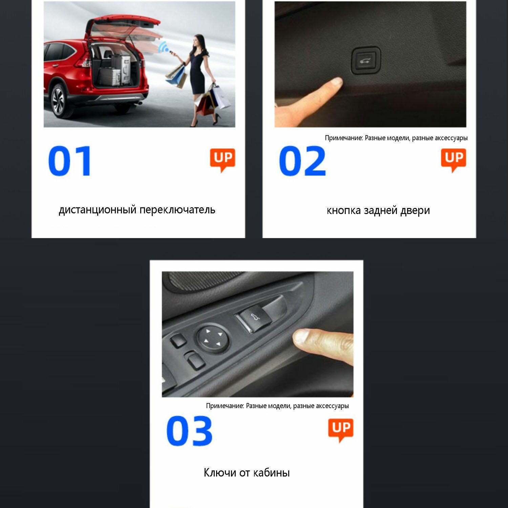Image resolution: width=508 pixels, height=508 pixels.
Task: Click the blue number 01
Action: [70, 161]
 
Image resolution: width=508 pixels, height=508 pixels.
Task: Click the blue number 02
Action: [302, 161]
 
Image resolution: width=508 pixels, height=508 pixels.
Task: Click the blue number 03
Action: [189, 431]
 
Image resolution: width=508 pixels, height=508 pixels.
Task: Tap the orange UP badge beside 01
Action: [223, 160]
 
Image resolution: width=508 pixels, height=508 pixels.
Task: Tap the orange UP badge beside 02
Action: [453, 160]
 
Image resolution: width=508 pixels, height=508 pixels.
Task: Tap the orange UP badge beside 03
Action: [341, 430]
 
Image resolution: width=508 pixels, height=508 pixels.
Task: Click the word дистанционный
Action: [98, 210]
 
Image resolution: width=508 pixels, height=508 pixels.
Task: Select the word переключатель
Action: [177, 210]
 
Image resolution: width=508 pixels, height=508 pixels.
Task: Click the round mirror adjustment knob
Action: [212, 339]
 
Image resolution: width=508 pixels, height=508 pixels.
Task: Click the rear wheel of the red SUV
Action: [58, 101]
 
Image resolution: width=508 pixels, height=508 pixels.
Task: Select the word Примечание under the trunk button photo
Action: [344, 138]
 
